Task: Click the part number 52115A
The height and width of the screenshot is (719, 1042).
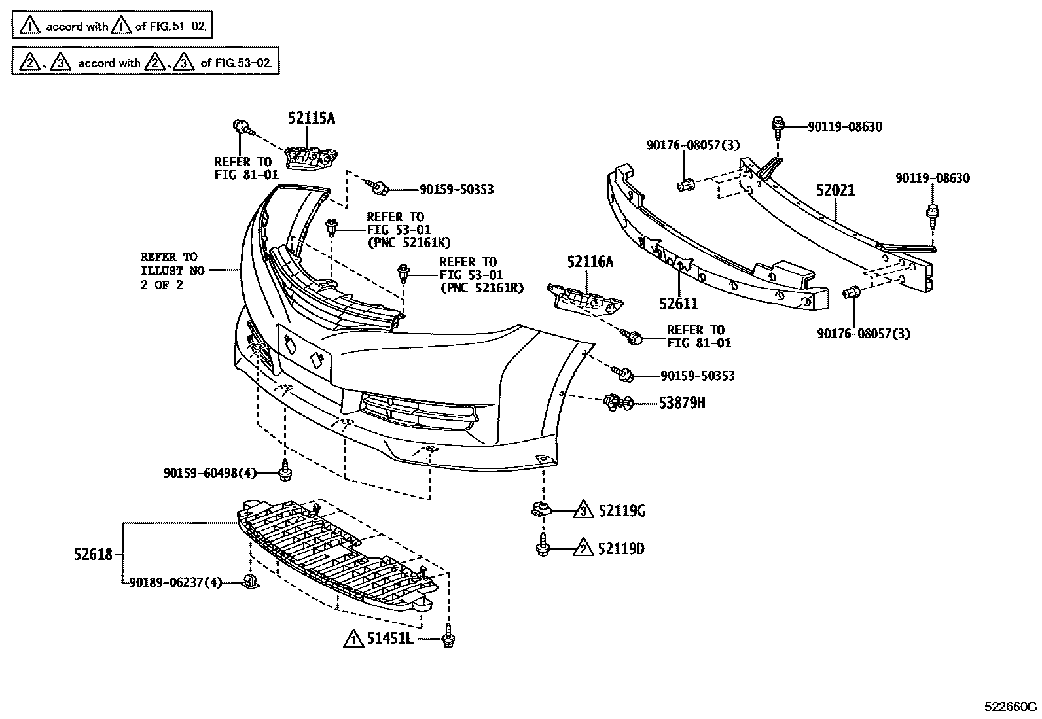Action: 312,118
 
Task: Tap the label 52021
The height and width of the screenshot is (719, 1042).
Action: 835,190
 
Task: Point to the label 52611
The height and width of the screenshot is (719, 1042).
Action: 678,304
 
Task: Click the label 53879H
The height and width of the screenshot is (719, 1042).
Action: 681,403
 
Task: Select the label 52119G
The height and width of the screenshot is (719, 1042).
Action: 621,511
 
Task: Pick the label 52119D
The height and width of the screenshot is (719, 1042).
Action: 620,549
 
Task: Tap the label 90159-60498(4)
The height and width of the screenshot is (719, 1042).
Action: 209,472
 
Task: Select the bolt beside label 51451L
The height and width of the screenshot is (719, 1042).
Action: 448,637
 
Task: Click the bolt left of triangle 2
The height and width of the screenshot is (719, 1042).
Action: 542,547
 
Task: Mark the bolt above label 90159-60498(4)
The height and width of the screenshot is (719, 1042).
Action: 285,470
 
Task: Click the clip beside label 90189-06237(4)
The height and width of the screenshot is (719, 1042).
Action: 251,580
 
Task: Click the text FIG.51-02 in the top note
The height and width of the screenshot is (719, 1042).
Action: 182,27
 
